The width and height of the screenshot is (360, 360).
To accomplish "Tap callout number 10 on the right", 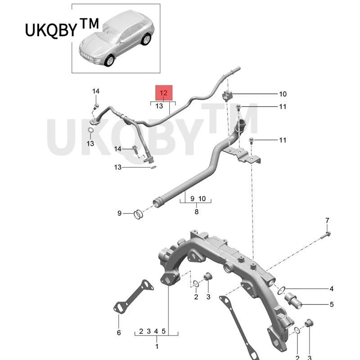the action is click(283, 94).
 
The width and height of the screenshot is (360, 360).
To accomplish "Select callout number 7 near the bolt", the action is click(327, 220).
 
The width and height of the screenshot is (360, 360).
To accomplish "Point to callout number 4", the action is click(331, 288).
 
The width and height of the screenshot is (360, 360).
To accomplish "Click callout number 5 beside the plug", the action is click(331, 305).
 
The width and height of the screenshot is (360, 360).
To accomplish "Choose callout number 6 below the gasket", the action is click(119, 333).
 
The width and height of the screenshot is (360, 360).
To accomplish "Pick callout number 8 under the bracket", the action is click(197, 211).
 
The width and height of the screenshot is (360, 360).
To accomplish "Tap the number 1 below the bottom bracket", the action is click(157, 346).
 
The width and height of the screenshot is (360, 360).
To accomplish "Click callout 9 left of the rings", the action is click(120, 213).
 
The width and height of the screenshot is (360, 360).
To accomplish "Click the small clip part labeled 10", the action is click(227, 95).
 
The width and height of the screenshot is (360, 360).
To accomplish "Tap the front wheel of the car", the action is click(110, 61).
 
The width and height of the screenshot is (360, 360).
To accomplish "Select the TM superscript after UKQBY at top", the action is click(89, 24).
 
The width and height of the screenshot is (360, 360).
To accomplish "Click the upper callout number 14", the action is click(96, 91).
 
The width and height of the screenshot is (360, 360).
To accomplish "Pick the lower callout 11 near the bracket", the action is click(283, 140).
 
